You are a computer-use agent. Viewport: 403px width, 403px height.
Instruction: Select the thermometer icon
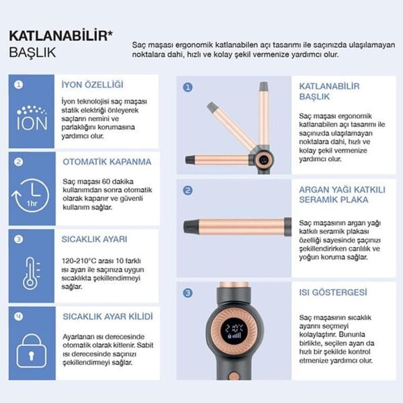point(31,273)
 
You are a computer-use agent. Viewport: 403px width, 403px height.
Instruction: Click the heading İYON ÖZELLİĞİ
point(93,85)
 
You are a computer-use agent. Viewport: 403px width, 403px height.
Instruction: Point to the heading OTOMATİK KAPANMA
point(107,162)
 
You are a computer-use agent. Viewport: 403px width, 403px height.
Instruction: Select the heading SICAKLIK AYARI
point(95,238)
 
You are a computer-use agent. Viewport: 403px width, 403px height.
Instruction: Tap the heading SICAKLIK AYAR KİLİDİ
point(107,316)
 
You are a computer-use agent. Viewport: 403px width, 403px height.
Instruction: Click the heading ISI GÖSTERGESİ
point(333,292)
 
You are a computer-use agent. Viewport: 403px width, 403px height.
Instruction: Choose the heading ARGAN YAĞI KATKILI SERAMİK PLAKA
point(343,194)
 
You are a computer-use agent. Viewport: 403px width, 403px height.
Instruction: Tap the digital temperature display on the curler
point(234,330)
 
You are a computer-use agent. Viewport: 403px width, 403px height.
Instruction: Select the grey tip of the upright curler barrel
point(264,86)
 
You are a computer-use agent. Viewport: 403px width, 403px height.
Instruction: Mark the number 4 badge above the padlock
point(18,316)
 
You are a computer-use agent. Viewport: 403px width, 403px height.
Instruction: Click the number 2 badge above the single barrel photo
point(187,190)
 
